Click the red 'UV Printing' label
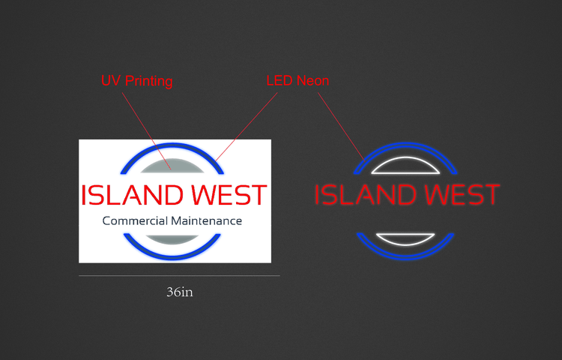point(136,82)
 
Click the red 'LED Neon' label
point(297,81)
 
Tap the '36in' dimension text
point(180,292)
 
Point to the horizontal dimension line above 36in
point(179,276)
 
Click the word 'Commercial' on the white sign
point(136,221)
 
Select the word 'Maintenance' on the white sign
point(207,221)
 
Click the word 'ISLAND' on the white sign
point(133,195)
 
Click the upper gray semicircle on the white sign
point(172,166)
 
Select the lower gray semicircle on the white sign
point(172,239)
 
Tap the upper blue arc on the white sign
point(172,145)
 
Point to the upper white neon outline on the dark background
point(405,157)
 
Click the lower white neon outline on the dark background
point(405,244)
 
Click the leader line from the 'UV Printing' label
point(146,131)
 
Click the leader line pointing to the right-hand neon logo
point(341,126)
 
